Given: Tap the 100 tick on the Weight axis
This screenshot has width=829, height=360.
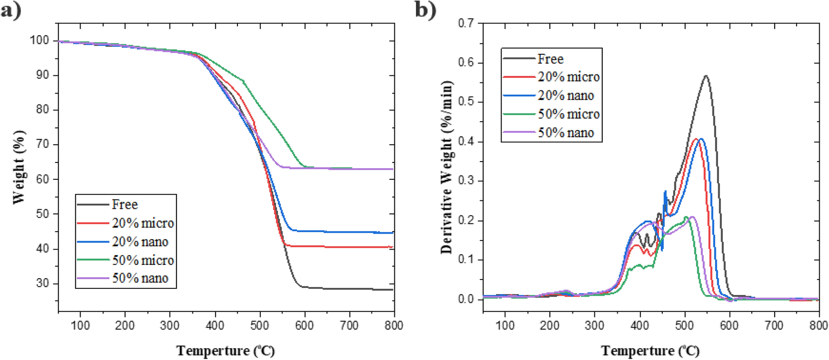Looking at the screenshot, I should pyautogui.click(x=39, y=40).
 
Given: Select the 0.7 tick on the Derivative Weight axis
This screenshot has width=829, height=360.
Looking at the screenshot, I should pyautogui.click(x=466, y=23).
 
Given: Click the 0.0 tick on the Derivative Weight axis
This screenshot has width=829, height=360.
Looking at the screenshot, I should pyautogui.click(x=466, y=299).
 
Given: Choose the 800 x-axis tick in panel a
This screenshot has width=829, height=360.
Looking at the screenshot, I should pyautogui.click(x=394, y=325).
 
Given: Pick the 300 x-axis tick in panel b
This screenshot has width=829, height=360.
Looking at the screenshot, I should pyautogui.click(x=594, y=325).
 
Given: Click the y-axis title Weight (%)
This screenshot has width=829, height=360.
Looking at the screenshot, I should pyautogui.click(x=18, y=167).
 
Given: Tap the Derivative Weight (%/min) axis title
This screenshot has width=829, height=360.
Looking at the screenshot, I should pyautogui.click(x=447, y=168).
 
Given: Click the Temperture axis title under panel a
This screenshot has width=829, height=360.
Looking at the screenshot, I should pyautogui.click(x=225, y=351).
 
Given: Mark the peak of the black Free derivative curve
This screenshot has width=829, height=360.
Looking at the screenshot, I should pyautogui.click(x=706, y=75).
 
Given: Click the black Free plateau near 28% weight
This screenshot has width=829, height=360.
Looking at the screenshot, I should pyautogui.click(x=337, y=289).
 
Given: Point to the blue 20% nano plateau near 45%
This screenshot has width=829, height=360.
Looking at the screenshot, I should pyautogui.click(x=337, y=232).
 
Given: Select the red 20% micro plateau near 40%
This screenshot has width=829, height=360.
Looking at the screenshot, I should pyautogui.click(x=337, y=247).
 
